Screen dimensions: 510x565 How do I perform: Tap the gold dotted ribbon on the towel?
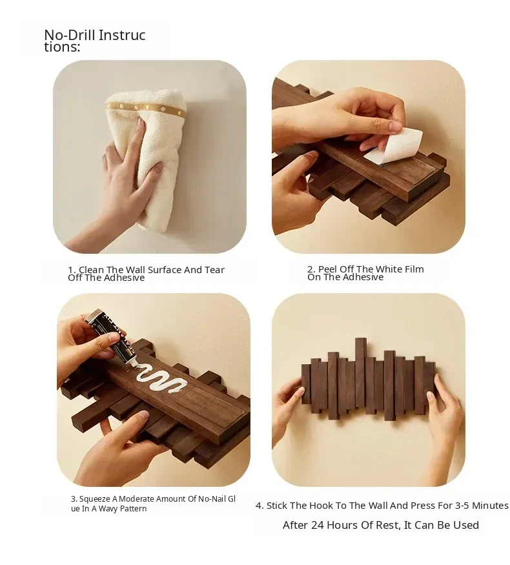[x=146, y=108]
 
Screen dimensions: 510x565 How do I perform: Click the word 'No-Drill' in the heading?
[x=70, y=36]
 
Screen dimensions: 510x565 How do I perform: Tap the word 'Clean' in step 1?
[x=92, y=269]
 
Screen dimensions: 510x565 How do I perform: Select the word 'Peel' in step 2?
[x=328, y=269]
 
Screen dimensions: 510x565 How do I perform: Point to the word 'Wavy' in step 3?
[x=108, y=508]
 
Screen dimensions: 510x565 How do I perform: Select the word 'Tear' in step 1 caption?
[x=215, y=269]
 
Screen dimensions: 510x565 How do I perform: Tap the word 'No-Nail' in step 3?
[x=212, y=499]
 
